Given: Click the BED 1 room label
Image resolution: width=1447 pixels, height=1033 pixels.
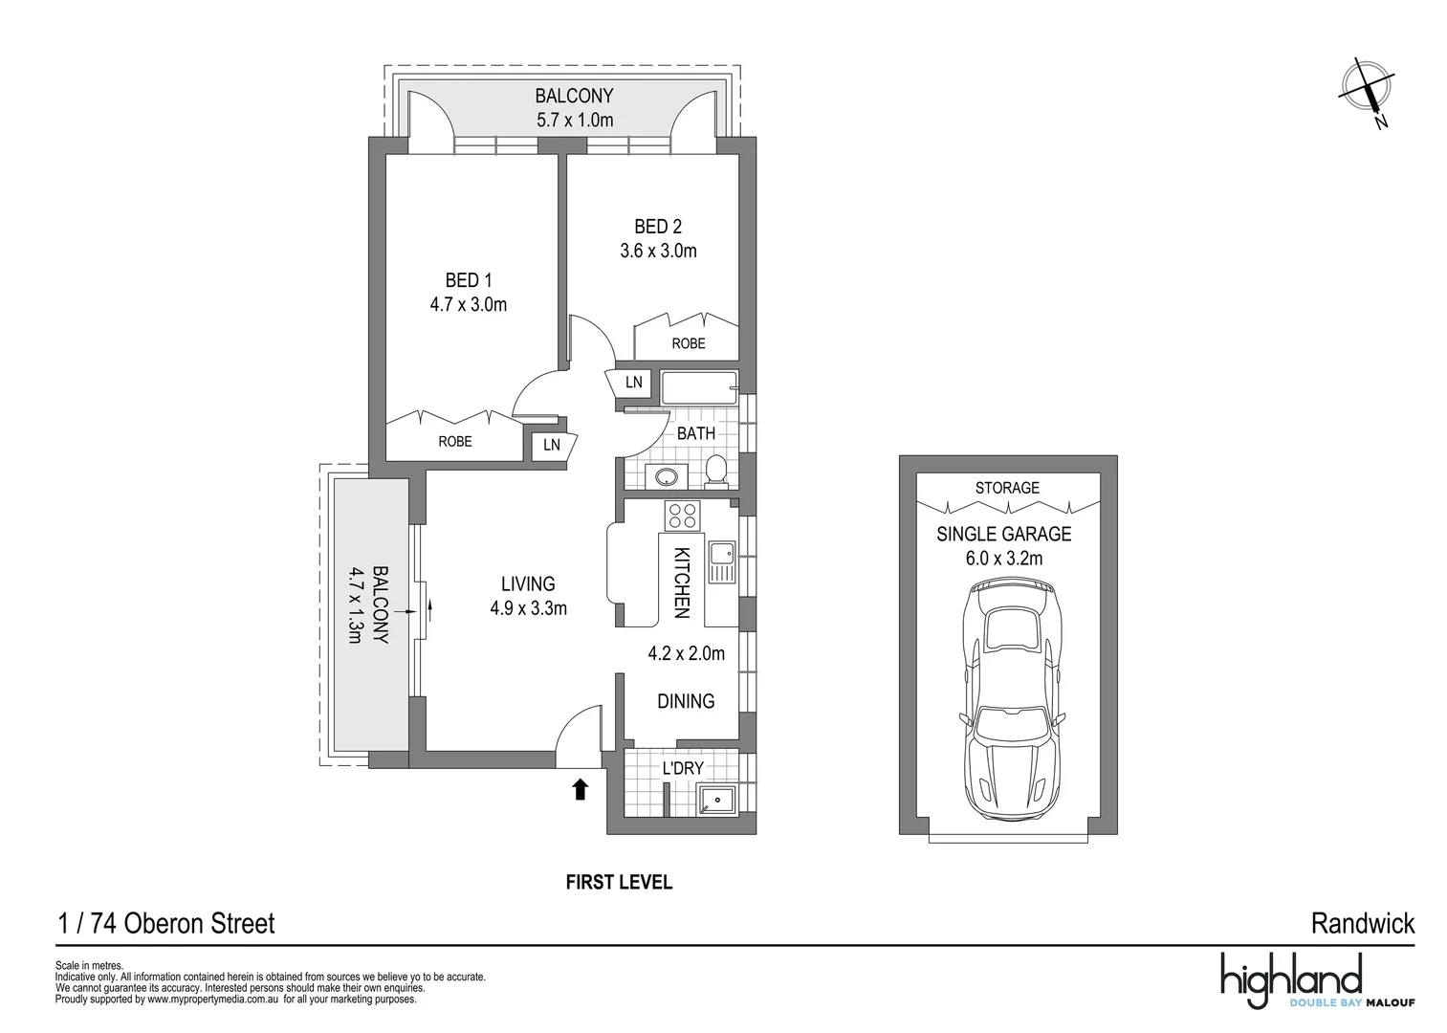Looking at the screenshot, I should (x=468, y=280).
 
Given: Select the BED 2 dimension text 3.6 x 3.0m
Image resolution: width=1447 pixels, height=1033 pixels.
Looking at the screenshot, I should (x=658, y=252).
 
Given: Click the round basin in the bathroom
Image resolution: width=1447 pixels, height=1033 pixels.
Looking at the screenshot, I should (x=662, y=476).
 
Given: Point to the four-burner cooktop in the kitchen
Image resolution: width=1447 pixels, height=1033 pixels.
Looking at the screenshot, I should (x=683, y=516).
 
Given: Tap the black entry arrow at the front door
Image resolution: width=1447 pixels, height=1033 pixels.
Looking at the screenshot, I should (x=580, y=789).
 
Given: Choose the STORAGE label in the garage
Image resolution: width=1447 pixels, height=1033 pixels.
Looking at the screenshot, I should (x=1007, y=488).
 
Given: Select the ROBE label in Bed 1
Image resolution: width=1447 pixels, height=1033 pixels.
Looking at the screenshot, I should (x=455, y=442).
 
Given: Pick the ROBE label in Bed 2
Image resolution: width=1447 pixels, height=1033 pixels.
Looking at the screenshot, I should (x=688, y=343).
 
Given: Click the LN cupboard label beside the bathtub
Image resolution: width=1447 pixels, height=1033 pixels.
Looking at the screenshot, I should (x=633, y=383).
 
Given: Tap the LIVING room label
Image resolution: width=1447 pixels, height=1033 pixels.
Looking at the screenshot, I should (x=528, y=583).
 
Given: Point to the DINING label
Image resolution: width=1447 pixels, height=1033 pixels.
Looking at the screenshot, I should (x=686, y=701).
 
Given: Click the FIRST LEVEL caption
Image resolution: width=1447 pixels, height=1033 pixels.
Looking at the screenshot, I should (x=619, y=882).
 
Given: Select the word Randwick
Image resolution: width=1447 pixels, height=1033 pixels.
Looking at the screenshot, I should (x=1362, y=924).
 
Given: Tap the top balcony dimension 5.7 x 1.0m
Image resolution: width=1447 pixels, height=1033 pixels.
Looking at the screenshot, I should (x=574, y=121).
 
